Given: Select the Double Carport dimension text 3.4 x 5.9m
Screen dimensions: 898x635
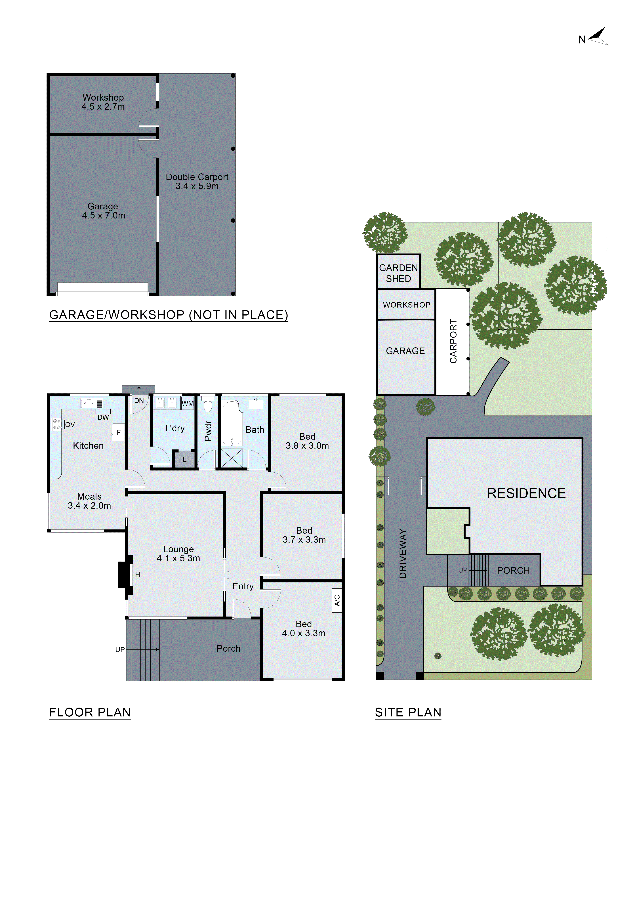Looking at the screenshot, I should pos(197,186).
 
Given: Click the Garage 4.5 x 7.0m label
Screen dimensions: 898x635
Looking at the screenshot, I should pos(103,211).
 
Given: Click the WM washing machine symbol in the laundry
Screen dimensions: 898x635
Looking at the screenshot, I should pos(188,403).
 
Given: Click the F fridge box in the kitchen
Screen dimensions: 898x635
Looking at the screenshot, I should pos(119,432).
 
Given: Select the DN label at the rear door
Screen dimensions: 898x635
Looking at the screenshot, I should pos(139,401).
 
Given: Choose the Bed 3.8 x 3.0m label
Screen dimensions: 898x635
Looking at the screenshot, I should pos(307,441).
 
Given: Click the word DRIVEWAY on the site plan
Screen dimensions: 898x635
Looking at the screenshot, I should pos(403,553).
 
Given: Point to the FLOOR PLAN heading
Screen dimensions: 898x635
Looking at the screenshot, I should pos(90,712).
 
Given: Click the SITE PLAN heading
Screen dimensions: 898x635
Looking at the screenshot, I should pos(408,712).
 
